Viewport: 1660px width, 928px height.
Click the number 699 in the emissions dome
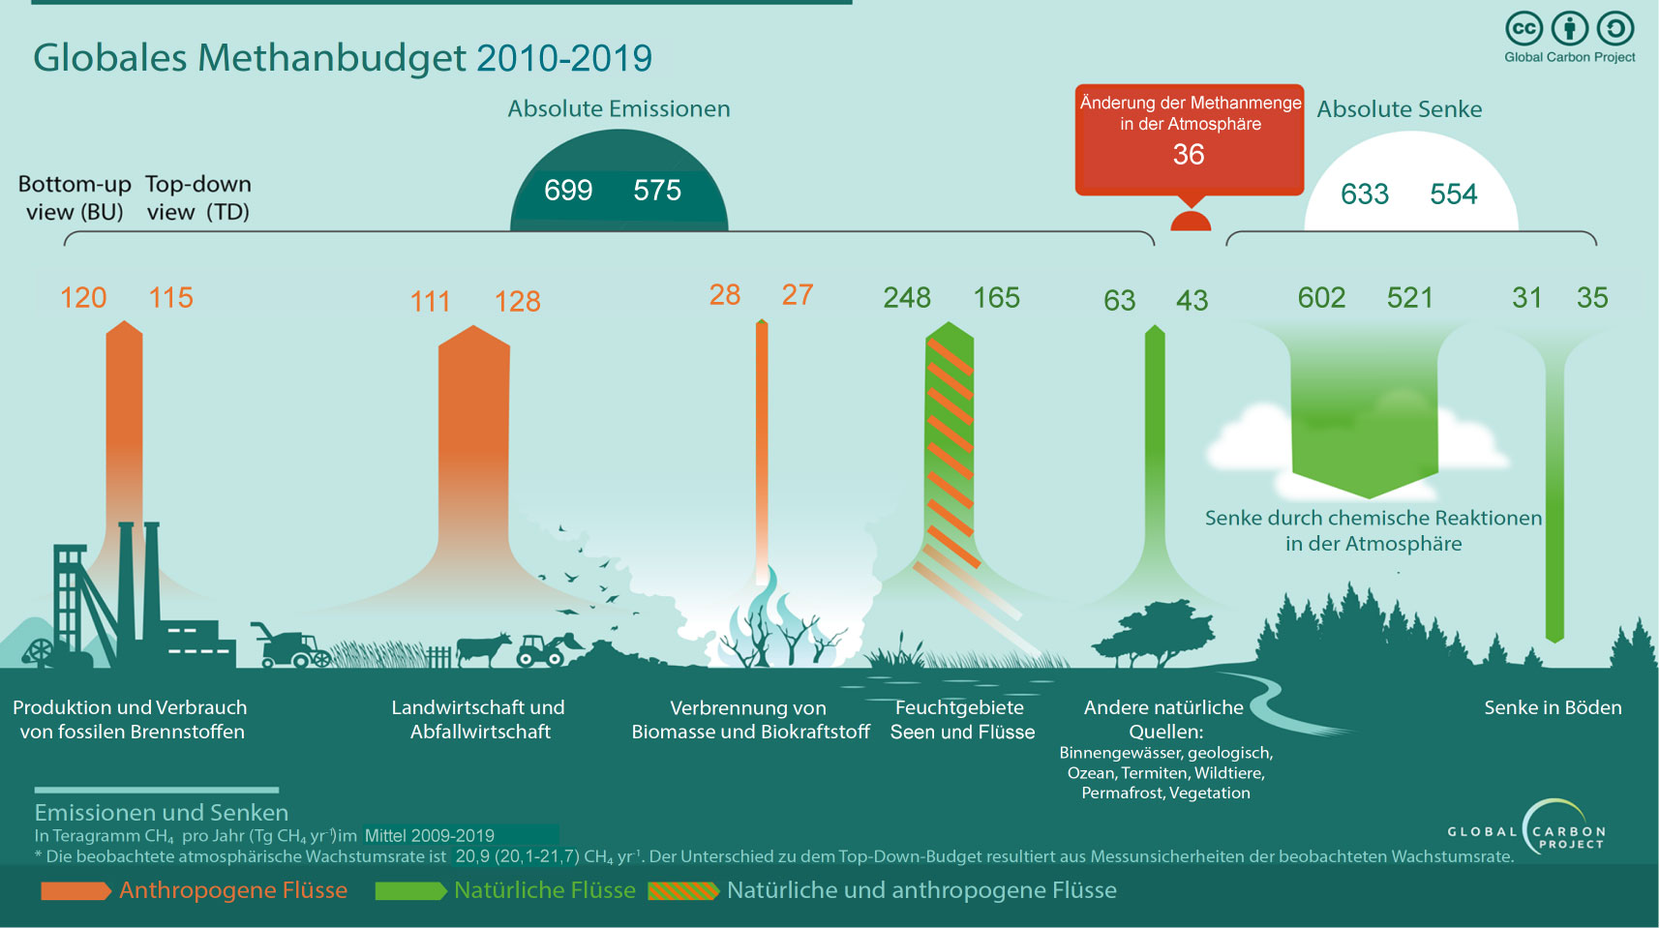pos(568,190)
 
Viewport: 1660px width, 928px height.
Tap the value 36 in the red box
pos(1189,155)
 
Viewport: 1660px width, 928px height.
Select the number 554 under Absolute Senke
pos(1453,195)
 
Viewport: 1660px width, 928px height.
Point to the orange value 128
pos(518,302)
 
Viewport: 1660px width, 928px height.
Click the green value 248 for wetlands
pos(907,298)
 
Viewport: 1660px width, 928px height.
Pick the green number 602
pos(1321,298)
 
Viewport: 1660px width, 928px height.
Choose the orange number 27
pos(798,295)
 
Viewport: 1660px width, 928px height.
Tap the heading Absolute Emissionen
pos(619,109)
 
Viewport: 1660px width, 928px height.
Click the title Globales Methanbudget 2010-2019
pos(343,58)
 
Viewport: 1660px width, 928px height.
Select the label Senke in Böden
pos(1553,707)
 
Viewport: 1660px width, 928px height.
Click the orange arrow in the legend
pos(75,891)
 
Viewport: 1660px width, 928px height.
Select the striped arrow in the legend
pos(683,891)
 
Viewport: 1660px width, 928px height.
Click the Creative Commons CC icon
pos(1524,29)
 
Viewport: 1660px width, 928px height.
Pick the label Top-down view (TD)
pos(198,198)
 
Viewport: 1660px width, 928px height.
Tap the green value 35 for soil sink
pos(1592,298)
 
